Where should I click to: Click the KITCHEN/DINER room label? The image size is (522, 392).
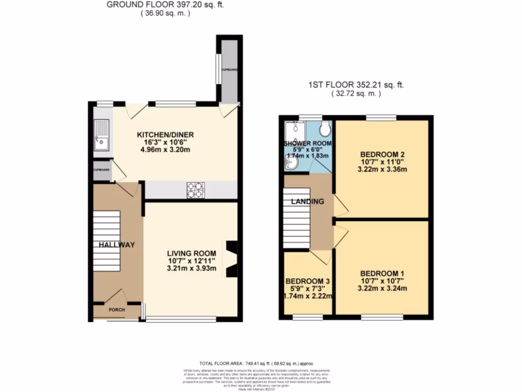point(165,135)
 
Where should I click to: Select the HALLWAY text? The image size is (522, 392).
point(117,245)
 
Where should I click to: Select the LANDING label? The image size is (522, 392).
point(307,202)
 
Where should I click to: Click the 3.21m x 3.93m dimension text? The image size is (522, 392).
point(192,269)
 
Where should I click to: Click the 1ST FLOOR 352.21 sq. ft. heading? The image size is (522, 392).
point(355,85)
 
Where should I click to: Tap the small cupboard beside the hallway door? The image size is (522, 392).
point(101,172)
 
